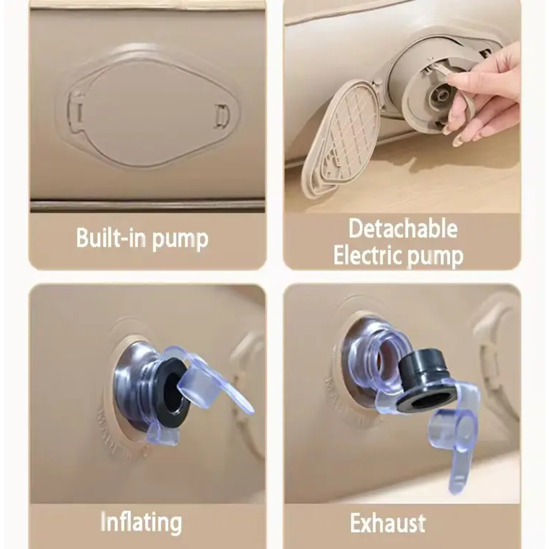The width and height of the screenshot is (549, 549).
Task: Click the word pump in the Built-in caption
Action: point(181,239)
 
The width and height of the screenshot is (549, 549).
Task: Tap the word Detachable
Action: point(403,228)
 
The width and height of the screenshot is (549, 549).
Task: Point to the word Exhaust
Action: point(388,523)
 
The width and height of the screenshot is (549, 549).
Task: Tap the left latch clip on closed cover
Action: point(77,112)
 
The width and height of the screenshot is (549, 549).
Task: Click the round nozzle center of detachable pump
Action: point(442,94)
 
